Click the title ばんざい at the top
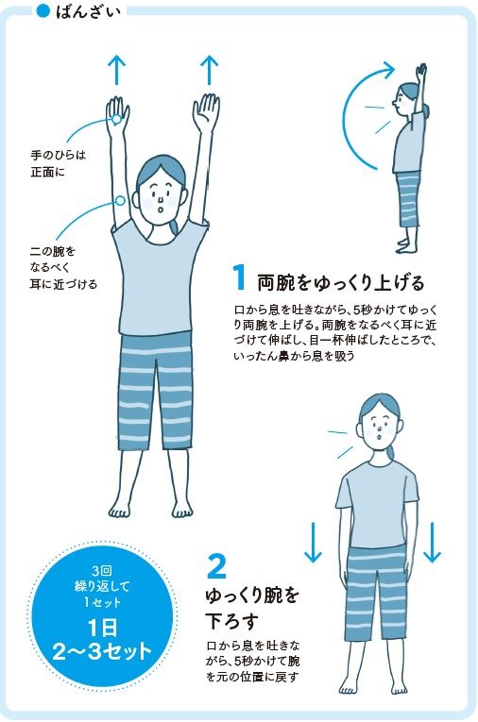point(88,11)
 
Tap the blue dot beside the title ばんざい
point(43,11)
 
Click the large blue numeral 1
point(239,277)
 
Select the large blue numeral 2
point(216,566)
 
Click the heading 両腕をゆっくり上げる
point(341,283)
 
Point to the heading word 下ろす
point(230,622)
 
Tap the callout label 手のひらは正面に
point(58,163)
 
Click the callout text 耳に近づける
point(63,284)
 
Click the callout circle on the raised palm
point(116,119)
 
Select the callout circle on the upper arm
point(120,200)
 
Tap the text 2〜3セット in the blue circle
point(102,651)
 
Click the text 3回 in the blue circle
point(102,571)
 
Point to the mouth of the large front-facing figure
point(160,210)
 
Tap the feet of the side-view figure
point(406,245)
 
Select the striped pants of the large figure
point(155,392)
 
